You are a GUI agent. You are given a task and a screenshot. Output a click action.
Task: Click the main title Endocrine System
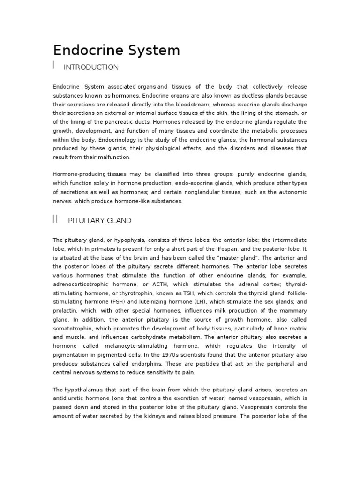tap(116, 50)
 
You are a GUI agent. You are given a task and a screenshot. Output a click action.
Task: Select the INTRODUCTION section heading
tap(91, 67)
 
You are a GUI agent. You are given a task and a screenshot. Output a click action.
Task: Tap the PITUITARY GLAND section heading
tap(100, 220)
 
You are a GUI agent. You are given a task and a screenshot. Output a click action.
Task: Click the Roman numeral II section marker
tap(55, 219)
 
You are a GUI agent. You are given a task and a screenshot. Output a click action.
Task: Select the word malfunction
tap(115, 157)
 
